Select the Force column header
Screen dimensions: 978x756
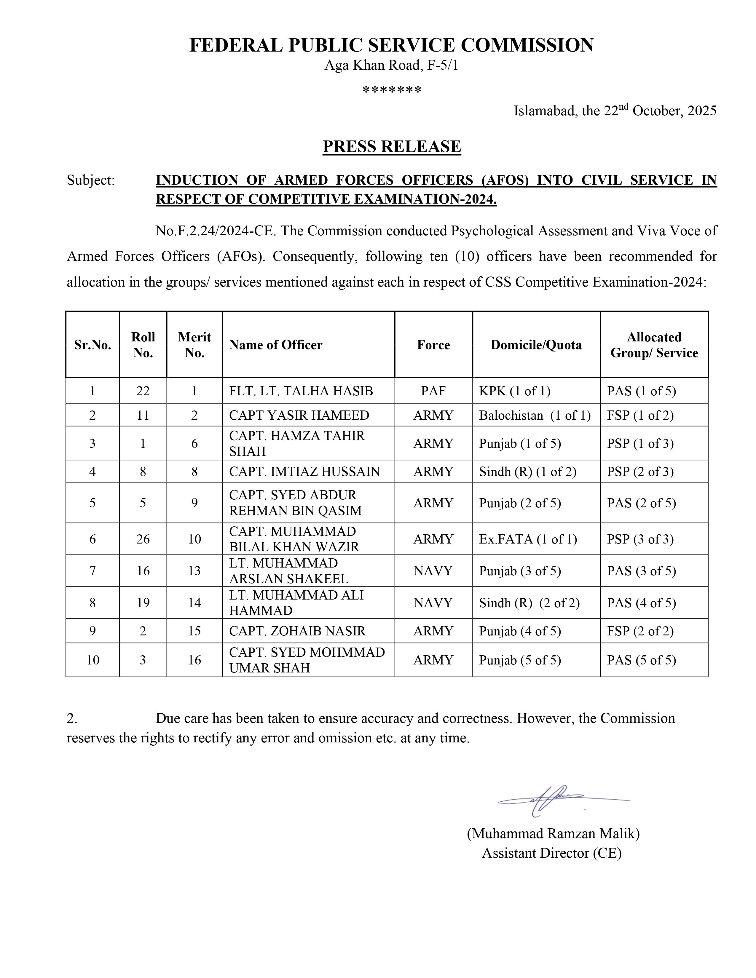pyautogui.click(x=433, y=345)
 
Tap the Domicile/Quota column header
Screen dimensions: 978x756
pyautogui.click(x=536, y=345)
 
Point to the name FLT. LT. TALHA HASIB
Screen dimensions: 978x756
pyautogui.click(x=301, y=391)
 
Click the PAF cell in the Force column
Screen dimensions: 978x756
pyautogui.click(x=433, y=391)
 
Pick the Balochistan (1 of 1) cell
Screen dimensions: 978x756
pyautogui.click(x=535, y=415)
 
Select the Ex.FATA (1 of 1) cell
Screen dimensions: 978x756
pyautogui.click(x=528, y=539)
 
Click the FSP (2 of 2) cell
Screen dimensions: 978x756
pyautogui.click(x=640, y=631)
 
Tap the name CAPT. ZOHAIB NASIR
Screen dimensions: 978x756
pyautogui.click(x=297, y=631)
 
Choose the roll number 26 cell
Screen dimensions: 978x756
pyautogui.click(x=143, y=539)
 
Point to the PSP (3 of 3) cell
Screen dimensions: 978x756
pyautogui.click(x=640, y=539)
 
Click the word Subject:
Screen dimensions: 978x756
pyautogui.click(x=91, y=180)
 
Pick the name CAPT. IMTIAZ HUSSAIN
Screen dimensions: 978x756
pyautogui.click(x=304, y=471)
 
